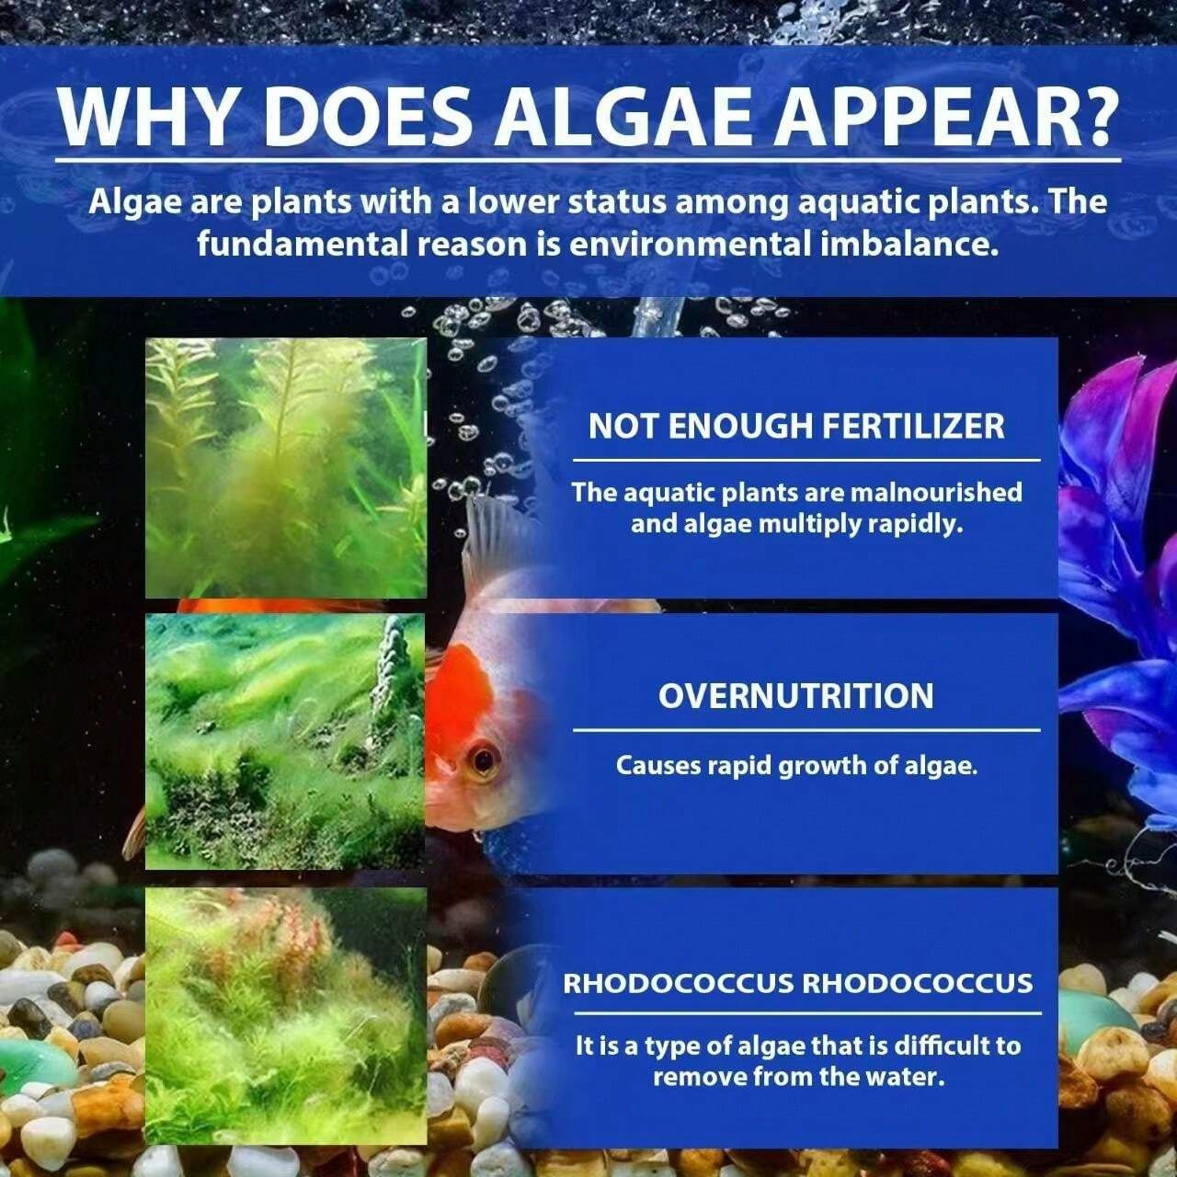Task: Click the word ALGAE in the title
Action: click(x=631, y=117)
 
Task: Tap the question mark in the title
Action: click(x=1091, y=117)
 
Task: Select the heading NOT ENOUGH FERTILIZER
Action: click(x=796, y=427)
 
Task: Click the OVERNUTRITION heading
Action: click(x=796, y=695)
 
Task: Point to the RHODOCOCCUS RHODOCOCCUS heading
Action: click(x=797, y=983)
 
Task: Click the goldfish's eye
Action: click(x=482, y=760)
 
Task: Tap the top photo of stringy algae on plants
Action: click(x=285, y=467)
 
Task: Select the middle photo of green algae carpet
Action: click(x=285, y=741)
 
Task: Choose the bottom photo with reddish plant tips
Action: click(x=285, y=1015)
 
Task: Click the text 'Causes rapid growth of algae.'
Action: click(x=796, y=765)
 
